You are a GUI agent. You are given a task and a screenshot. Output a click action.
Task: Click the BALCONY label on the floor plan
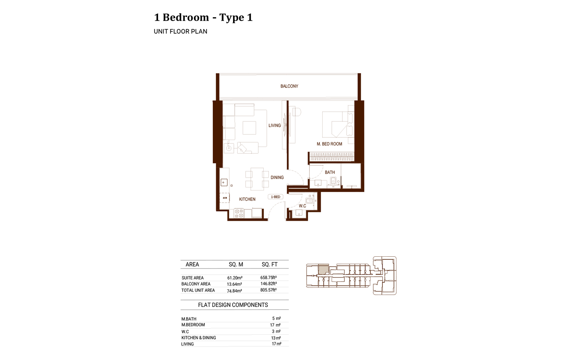coord(289,86)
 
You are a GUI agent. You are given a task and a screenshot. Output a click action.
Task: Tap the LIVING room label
coord(274,125)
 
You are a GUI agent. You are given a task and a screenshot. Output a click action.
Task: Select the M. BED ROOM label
coord(329,144)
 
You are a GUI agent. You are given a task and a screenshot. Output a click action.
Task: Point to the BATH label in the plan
coord(329,173)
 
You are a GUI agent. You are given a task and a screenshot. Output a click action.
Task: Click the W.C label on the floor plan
coord(302,206)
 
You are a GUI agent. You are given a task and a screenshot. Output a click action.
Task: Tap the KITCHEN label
coord(247,199)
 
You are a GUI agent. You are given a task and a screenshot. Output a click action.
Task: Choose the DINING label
coord(277,178)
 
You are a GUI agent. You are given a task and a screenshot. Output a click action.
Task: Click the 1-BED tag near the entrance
coord(276,197)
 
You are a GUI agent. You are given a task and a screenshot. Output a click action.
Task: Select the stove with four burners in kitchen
coord(239,213)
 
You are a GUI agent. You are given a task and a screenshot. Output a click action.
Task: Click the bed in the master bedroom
coord(335,124)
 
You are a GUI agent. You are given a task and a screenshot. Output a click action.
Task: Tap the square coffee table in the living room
coord(249,128)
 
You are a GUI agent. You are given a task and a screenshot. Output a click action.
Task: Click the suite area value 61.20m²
coord(235,278)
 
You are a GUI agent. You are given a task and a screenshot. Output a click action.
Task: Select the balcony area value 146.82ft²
coord(268,284)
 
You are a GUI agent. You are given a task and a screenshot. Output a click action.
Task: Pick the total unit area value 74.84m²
coord(234,291)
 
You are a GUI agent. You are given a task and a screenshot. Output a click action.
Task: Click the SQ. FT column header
coord(269,264)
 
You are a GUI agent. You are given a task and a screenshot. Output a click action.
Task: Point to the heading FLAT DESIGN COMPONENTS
coord(233,305)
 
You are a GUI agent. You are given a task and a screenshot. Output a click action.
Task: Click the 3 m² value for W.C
coord(276,331)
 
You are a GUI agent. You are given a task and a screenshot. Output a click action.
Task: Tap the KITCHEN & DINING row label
coord(199,338)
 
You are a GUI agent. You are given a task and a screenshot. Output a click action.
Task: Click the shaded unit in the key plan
coord(323,269)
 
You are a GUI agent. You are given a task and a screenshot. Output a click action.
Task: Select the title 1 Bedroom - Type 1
coord(203,17)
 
